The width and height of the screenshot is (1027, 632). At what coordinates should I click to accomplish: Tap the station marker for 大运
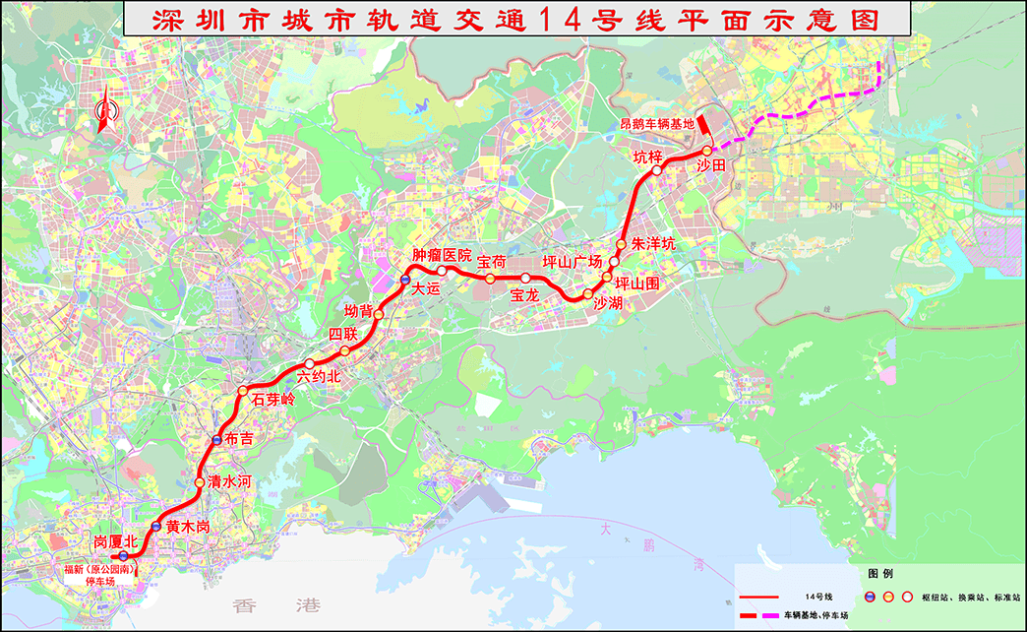[x=404, y=282]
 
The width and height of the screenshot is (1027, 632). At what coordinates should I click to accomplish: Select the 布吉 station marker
[x=216, y=439]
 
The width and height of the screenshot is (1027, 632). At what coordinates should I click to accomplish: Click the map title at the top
[x=513, y=20]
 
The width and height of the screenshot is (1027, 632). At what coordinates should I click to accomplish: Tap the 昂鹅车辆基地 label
[x=656, y=124]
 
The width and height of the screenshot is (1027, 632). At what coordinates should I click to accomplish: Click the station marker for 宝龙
[x=525, y=279]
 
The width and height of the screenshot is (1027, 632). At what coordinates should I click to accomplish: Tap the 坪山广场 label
[x=573, y=262]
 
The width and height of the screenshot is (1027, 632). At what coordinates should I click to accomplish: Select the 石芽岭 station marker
[x=243, y=392]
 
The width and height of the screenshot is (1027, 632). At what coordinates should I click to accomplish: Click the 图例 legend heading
[x=879, y=573]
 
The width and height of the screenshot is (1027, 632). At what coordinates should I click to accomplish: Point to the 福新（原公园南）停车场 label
[x=99, y=575]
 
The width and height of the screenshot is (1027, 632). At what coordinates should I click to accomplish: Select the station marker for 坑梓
[x=657, y=169]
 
